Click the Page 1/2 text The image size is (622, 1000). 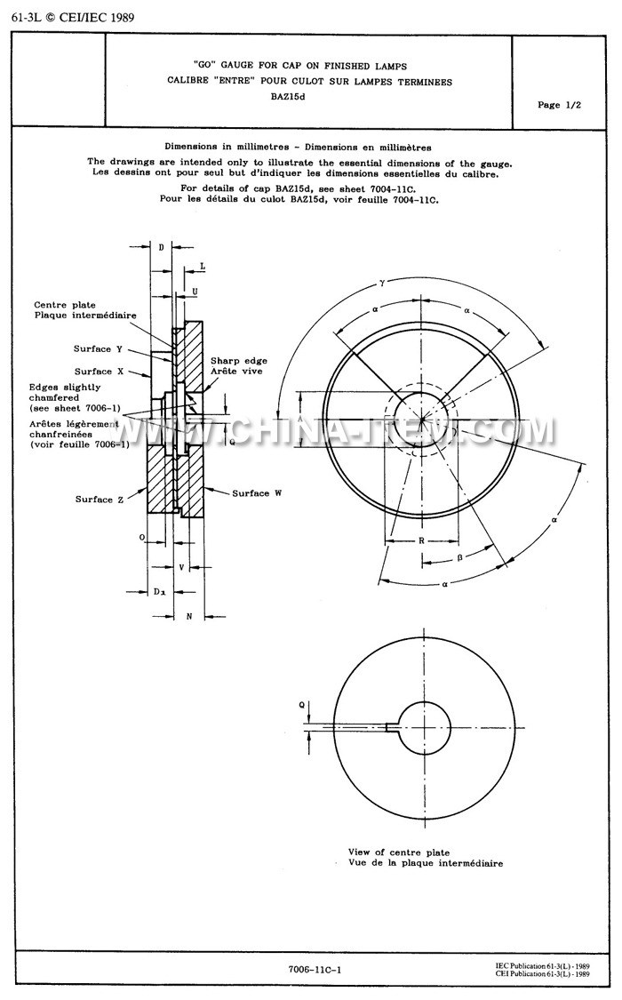click(x=559, y=105)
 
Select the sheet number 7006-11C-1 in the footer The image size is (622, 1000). click(x=315, y=970)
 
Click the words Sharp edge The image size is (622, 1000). click(x=239, y=360)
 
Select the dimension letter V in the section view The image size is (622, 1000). click(x=182, y=565)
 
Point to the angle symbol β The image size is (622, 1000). click(x=459, y=558)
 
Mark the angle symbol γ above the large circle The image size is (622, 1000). click(x=382, y=281)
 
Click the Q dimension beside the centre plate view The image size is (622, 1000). click(x=301, y=704)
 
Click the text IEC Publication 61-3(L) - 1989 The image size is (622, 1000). click(x=543, y=964)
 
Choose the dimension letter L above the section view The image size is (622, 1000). click(x=202, y=266)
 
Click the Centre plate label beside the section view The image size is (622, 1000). click(x=64, y=304)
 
